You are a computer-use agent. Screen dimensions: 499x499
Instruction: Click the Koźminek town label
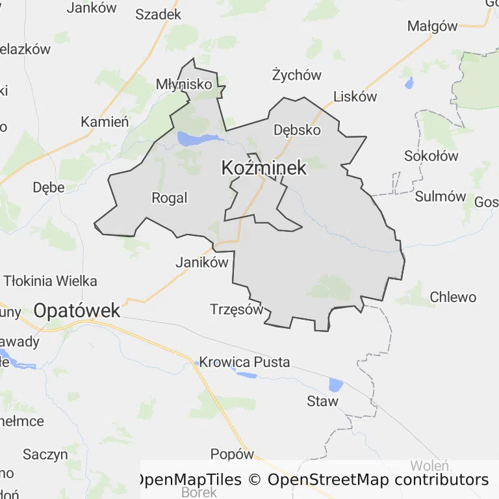[263, 168]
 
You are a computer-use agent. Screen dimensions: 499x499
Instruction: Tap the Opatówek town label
[77, 311]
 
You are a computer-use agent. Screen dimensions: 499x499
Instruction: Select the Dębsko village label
[297, 129]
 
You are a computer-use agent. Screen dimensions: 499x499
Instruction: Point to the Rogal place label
[169, 198]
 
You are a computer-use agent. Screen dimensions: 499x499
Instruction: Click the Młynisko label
[184, 84]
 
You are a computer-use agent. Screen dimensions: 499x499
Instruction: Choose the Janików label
[203, 262]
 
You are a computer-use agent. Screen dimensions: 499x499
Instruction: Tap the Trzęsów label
[237, 309]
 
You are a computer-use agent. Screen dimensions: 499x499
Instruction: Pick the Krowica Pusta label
[244, 362]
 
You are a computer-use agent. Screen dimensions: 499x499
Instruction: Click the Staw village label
[322, 401]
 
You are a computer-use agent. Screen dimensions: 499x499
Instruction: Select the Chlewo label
[453, 298]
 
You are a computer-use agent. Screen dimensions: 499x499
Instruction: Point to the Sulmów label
[441, 196]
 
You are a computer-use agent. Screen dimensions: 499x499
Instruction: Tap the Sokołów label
[431, 156]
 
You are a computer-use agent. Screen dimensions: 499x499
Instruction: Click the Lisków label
[355, 97]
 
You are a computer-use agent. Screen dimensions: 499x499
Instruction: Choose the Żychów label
[296, 75]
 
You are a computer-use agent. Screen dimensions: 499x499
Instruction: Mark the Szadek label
[158, 14]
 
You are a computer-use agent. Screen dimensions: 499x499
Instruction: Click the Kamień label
[105, 122]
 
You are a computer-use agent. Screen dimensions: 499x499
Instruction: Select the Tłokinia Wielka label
[51, 281]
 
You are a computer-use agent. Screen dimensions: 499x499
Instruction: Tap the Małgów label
[432, 26]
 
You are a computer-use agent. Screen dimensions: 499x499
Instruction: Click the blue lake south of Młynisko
[194, 138]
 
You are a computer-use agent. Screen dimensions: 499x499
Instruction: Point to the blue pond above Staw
[335, 385]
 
